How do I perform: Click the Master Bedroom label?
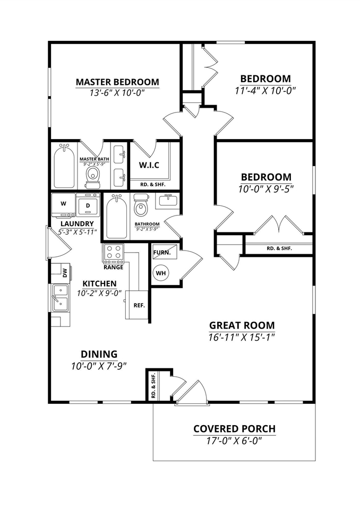pos(117,82)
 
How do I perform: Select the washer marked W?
pos(63,203)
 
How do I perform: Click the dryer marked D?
pos(88,204)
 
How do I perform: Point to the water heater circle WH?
pos(161,273)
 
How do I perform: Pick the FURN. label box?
pos(161,253)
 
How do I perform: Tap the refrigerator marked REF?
pos(139,305)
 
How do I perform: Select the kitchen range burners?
pos(113,254)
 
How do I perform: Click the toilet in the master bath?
pos(93,175)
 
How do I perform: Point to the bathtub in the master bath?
pos(64,166)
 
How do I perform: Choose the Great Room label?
pos(242,325)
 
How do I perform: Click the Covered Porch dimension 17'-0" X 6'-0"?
pos(234,441)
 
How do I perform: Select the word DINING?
pos(99,354)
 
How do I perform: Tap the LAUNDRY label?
pos(78,223)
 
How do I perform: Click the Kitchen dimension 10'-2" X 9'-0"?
pos(99,293)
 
